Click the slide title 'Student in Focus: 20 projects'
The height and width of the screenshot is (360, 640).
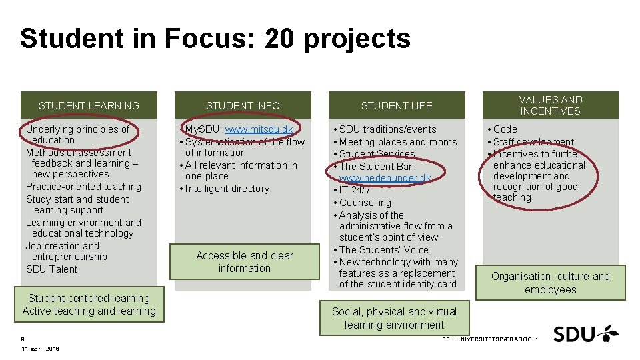pyautogui.click(x=215, y=39)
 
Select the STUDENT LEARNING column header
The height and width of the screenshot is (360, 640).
pyautogui.click(x=89, y=105)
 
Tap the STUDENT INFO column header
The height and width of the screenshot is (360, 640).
pyautogui.click(x=243, y=105)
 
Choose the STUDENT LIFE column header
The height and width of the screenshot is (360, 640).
pyautogui.click(x=397, y=105)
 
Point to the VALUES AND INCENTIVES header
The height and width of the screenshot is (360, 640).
pyautogui.click(x=551, y=105)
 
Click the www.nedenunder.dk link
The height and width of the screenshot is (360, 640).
pyautogui.click(x=385, y=178)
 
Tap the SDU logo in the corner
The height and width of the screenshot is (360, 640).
pyautogui.click(x=585, y=333)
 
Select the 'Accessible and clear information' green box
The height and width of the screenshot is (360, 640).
pyautogui.click(x=245, y=262)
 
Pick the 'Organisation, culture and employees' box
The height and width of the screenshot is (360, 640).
pyautogui.click(x=551, y=283)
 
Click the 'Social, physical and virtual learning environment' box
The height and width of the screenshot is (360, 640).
pyautogui.click(x=395, y=318)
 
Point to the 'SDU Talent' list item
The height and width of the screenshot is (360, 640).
pyautogui.click(x=52, y=269)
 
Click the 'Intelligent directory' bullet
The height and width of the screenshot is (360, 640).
pyautogui.click(x=227, y=189)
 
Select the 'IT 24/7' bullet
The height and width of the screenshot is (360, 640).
pyautogui.click(x=355, y=190)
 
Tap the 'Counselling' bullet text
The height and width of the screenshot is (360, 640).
pyautogui.click(x=365, y=203)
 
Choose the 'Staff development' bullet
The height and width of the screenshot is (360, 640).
pyautogui.click(x=533, y=142)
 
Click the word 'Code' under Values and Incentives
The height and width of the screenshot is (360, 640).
pyautogui.click(x=505, y=129)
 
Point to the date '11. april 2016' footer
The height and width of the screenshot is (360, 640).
pyautogui.click(x=40, y=349)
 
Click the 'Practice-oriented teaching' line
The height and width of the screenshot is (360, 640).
pyautogui.click(x=83, y=187)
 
